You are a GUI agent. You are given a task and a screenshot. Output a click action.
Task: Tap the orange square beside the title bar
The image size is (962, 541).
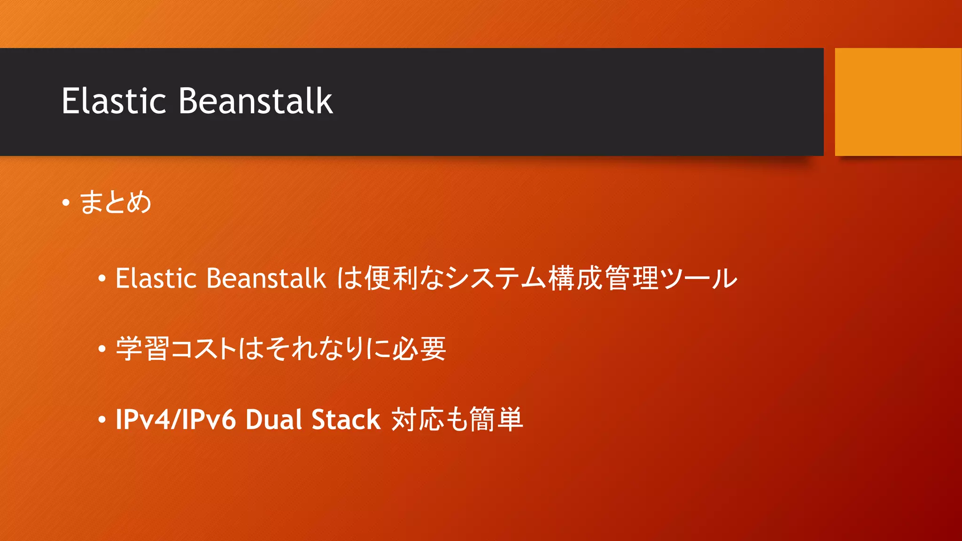[x=898, y=101]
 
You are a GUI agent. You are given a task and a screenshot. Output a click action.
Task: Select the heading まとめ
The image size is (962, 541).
[x=116, y=202]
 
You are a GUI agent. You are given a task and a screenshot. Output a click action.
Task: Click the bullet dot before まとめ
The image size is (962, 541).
[x=66, y=203]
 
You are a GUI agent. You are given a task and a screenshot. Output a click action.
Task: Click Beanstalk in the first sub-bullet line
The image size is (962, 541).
[x=266, y=278]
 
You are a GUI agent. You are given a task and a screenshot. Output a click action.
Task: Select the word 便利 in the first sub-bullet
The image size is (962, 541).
[x=391, y=278]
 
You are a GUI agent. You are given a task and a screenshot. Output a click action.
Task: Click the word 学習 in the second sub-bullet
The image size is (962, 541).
[x=142, y=348]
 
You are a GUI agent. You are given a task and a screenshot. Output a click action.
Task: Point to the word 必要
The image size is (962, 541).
[x=419, y=348]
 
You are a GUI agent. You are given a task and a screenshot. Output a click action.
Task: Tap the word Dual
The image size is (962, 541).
[x=273, y=419]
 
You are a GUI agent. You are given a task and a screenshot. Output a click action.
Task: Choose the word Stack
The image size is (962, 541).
[x=346, y=419]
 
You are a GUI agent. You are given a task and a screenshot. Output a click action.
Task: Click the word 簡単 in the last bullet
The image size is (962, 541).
[x=496, y=419]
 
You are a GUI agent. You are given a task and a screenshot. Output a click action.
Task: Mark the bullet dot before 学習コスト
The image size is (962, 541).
[x=102, y=349]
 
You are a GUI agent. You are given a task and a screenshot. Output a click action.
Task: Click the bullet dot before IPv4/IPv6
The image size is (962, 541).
[x=102, y=420]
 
